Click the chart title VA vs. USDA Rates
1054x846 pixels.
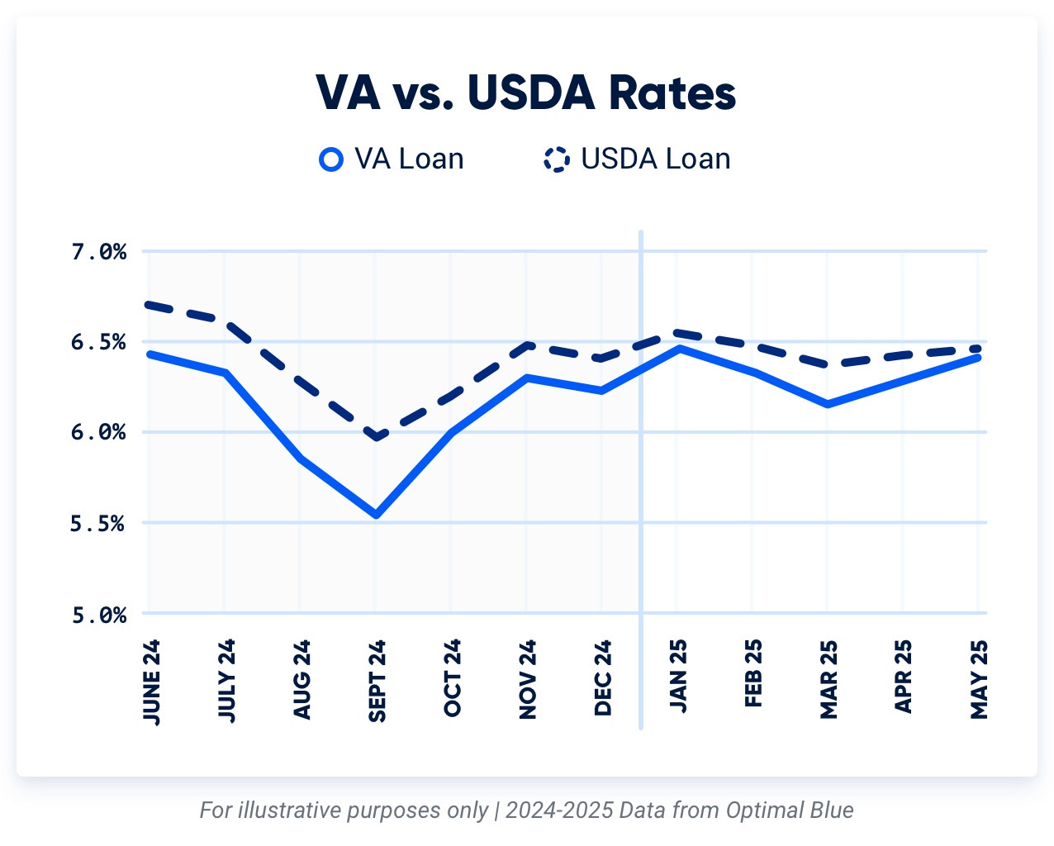(x=526, y=93)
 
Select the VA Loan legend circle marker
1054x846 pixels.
(x=331, y=159)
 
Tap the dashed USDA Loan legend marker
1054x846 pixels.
(x=557, y=159)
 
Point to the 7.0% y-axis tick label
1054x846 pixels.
(x=98, y=251)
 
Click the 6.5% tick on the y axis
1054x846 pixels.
(x=98, y=342)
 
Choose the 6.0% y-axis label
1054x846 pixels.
(x=98, y=432)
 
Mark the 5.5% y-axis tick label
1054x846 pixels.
(x=98, y=523)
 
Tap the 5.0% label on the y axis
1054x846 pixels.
(x=98, y=615)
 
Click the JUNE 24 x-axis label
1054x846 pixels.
(x=151, y=682)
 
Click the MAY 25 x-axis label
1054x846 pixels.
(x=979, y=679)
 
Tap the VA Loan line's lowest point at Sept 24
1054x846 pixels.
(x=377, y=515)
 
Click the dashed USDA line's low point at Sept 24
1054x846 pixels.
(x=377, y=437)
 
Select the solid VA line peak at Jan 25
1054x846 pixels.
(x=678, y=349)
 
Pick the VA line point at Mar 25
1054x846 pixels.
(x=828, y=404)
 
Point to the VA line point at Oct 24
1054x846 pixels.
(x=452, y=432)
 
